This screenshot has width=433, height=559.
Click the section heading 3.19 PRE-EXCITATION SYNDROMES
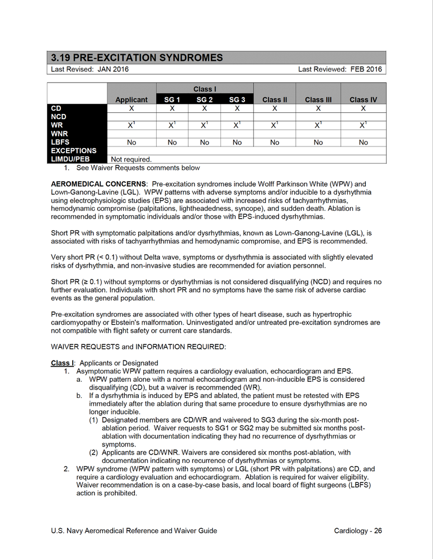137,58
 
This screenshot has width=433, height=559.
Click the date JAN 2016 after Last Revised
106,69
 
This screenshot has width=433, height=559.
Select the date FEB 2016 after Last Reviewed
366,69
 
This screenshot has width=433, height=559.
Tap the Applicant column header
131,100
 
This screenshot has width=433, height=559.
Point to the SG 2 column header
204,100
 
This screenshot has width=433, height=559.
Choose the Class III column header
318,100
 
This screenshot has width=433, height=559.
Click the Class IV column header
363,100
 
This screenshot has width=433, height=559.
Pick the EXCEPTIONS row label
73,150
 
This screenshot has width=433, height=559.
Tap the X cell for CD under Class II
275,108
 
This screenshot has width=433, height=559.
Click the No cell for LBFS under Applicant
131,142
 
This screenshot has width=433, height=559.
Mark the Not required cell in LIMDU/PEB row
132,159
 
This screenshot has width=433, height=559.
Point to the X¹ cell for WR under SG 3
237,125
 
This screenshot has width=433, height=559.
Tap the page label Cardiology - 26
357,530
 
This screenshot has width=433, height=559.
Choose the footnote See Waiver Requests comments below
138,168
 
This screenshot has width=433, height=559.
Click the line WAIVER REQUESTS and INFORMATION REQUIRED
138,347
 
